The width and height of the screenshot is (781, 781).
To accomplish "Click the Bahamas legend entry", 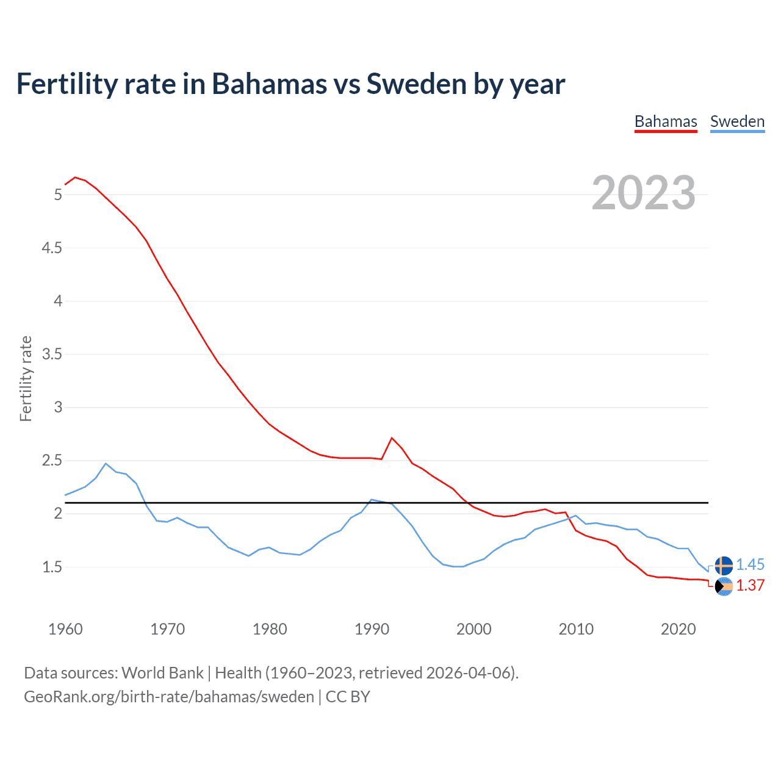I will [666, 121].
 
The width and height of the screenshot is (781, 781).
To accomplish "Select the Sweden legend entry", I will [737, 121].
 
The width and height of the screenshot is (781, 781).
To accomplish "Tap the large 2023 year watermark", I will [644, 193].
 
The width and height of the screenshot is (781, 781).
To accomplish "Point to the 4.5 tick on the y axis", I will [52, 248].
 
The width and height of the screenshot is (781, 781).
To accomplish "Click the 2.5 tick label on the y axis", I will [52, 461].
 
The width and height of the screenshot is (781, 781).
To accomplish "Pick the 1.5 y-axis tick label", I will [52, 567].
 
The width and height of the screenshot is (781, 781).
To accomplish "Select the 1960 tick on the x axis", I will [65, 629].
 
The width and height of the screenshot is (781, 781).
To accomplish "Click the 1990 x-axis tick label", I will [372, 629].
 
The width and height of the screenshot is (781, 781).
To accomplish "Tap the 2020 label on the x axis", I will [678, 629].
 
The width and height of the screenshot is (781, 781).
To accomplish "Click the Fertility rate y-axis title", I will [26, 378].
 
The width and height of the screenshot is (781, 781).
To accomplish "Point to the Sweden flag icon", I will [724, 566].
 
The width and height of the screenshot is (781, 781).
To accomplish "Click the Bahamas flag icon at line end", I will [724, 586].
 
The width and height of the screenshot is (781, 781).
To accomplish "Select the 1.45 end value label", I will [750, 565].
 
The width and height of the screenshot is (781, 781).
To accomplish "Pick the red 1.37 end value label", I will [750, 585].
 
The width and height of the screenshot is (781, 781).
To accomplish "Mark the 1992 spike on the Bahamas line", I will [392, 438].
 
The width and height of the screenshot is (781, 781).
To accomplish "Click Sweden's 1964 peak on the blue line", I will [106, 463].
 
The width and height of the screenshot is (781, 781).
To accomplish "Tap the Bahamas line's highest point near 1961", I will [75, 178].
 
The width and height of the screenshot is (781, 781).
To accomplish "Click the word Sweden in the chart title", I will [416, 84].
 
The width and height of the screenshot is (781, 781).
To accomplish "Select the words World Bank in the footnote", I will [162, 673].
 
